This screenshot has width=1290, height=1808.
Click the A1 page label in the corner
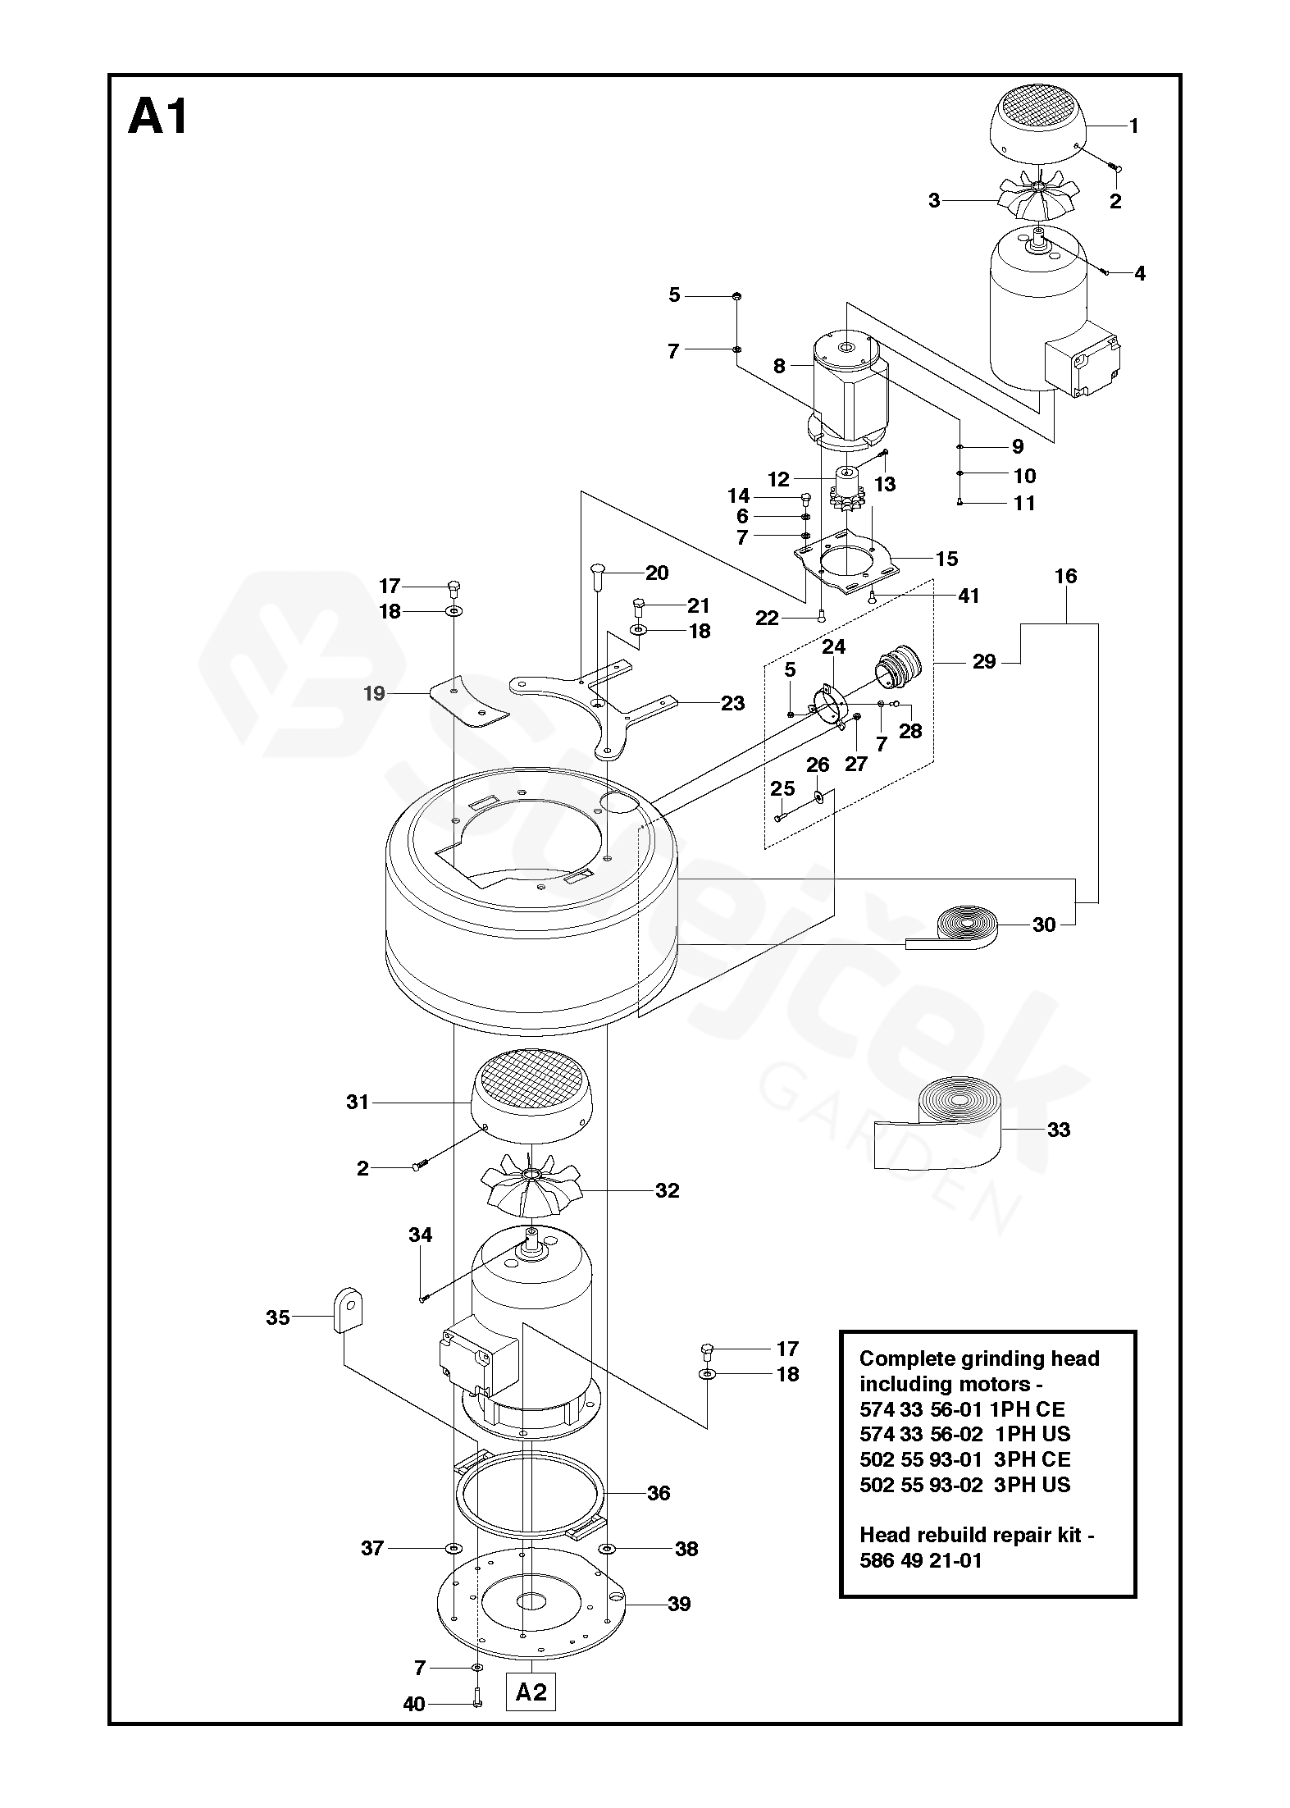(158, 116)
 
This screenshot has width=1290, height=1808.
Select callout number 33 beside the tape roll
(1059, 1130)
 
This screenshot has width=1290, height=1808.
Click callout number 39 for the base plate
(679, 1604)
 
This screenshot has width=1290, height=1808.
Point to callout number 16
(1065, 576)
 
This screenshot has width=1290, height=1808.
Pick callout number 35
(278, 1317)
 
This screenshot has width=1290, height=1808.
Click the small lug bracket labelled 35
(348, 1312)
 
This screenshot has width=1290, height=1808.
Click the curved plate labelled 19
(468, 701)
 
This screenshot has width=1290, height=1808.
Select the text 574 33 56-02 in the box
(921, 1433)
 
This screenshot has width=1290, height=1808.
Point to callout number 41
(969, 596)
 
